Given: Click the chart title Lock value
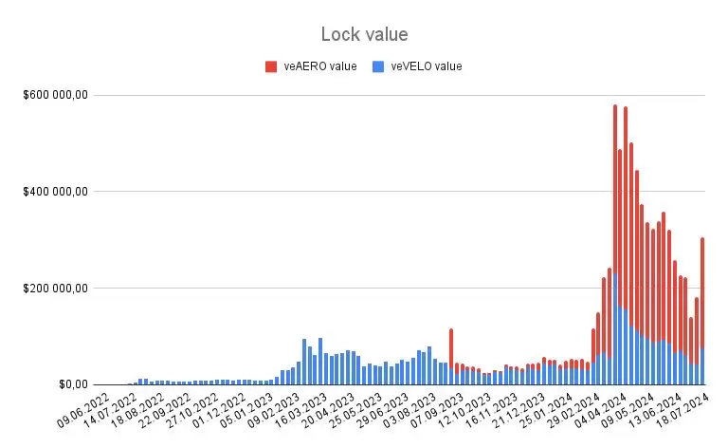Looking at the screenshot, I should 364,34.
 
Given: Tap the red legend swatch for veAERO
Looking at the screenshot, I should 271,66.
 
